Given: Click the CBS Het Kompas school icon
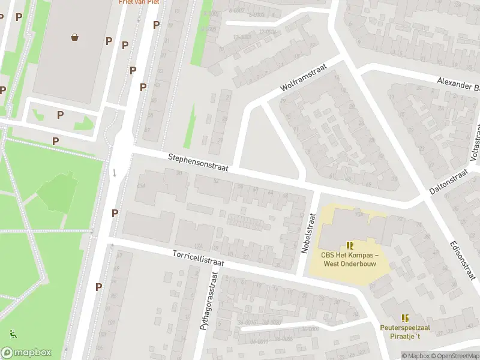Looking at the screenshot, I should pos(350,245).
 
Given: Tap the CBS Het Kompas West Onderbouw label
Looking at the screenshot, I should pos(350,259).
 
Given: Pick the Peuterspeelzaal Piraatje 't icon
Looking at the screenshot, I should pos(406,318).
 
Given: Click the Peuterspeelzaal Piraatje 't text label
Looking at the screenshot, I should pos(406,331).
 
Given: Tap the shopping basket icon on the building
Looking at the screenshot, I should pos(75,38).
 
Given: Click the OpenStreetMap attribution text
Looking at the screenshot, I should pos(453,356).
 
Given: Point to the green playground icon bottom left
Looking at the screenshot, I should pos(12,334).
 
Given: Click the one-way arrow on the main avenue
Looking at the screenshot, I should pos(114,173).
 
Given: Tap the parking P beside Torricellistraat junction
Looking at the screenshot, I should pos(115,213).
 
